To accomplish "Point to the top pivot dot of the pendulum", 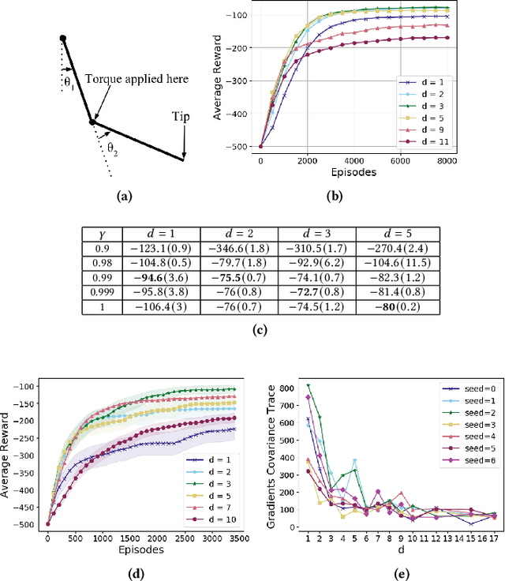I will pos(63,39).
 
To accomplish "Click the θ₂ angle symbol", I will pos(113,147).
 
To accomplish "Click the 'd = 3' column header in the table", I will pos(317,234).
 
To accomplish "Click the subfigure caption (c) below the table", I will pos(253,330).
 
